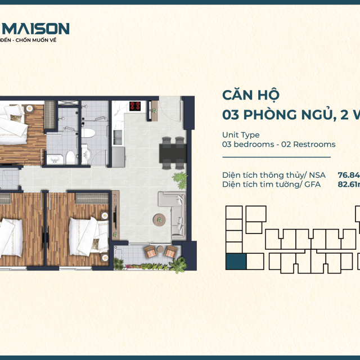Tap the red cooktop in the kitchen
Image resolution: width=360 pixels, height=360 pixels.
(135, 105)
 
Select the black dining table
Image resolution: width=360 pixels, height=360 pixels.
(172, 152)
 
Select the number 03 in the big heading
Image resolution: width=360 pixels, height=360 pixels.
(232, 115)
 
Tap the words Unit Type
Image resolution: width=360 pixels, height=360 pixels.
(241, 134)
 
